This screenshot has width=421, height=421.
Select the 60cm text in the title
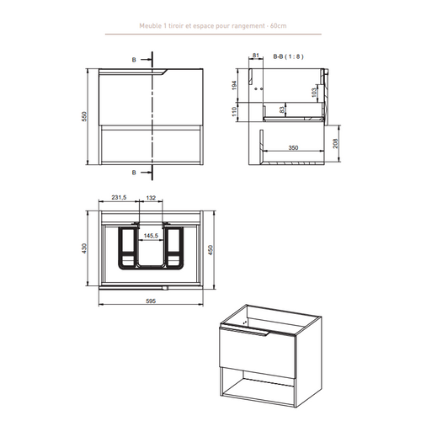point(278,26)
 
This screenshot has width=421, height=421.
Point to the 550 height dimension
point(83,118)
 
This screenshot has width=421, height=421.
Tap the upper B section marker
point(134,61)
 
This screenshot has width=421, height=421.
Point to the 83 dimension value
point(280,109)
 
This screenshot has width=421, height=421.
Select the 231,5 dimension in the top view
point(118,199)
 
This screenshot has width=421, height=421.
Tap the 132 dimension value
point(152,199)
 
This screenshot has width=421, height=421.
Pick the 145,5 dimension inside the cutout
point(152,237)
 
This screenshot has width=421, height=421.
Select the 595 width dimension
point(152,299)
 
